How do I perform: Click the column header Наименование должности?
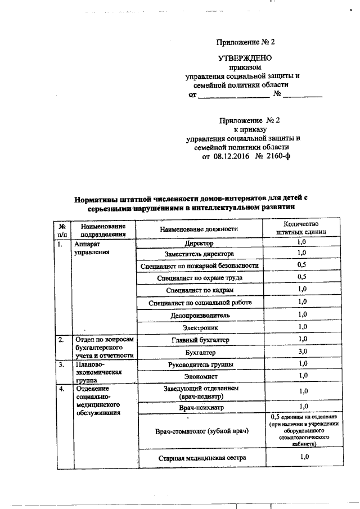point(199,229)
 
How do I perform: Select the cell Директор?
point(199,244)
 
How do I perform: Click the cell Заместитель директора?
point(199,254)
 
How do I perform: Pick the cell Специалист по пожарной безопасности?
point(199,265)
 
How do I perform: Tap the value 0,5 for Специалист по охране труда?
point(301,277)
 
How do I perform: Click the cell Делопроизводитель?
point(199,314)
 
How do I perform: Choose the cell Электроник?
point(199,327)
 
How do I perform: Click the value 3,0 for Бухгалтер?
point(301,352)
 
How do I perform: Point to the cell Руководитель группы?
point(199,364)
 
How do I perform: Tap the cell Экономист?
point(199,376)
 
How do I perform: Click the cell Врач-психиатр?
point(199,406)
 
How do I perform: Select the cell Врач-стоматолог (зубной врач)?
point(199,431)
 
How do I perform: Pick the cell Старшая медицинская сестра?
point(199,458)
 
